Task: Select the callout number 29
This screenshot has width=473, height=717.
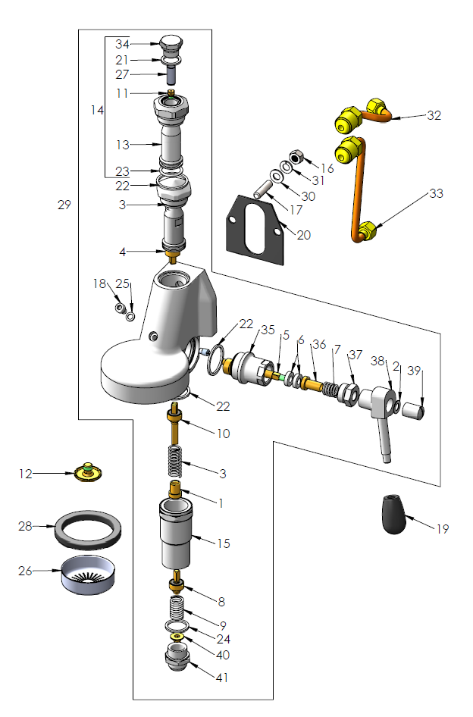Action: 64,205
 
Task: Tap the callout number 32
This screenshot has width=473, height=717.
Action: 434,116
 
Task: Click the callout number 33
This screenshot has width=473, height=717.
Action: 436,193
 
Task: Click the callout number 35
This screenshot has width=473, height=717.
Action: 268,330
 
